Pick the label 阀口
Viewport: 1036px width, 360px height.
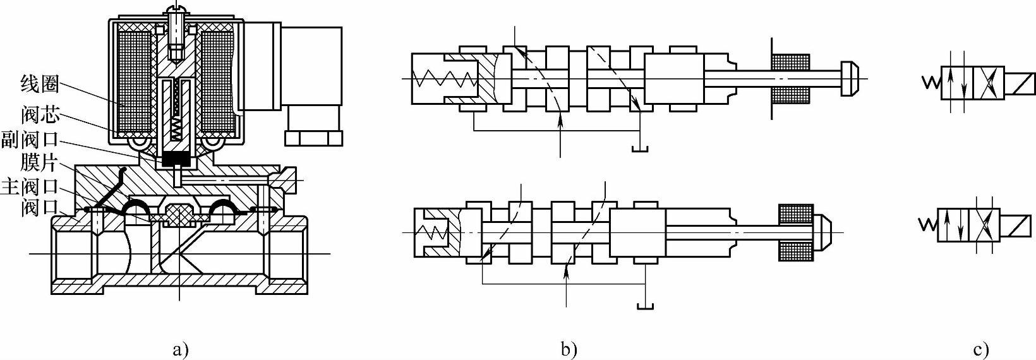(x=39, y=207)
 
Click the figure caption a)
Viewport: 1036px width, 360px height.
(x=180, y=349)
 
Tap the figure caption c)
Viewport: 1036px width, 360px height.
(x=980, y=349)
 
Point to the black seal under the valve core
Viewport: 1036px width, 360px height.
(x=176, y=159)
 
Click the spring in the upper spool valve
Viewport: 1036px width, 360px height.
(x=442, y=79)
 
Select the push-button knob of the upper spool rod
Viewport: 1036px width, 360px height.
(x=848, y=78)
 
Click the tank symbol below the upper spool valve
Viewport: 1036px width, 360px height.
(x=640, y=149)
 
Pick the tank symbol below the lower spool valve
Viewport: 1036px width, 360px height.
(x=645, y=306)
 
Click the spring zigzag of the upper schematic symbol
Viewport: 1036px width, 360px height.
(x=931, y=83)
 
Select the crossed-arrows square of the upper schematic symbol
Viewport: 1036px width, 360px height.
(x=988, y=83)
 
